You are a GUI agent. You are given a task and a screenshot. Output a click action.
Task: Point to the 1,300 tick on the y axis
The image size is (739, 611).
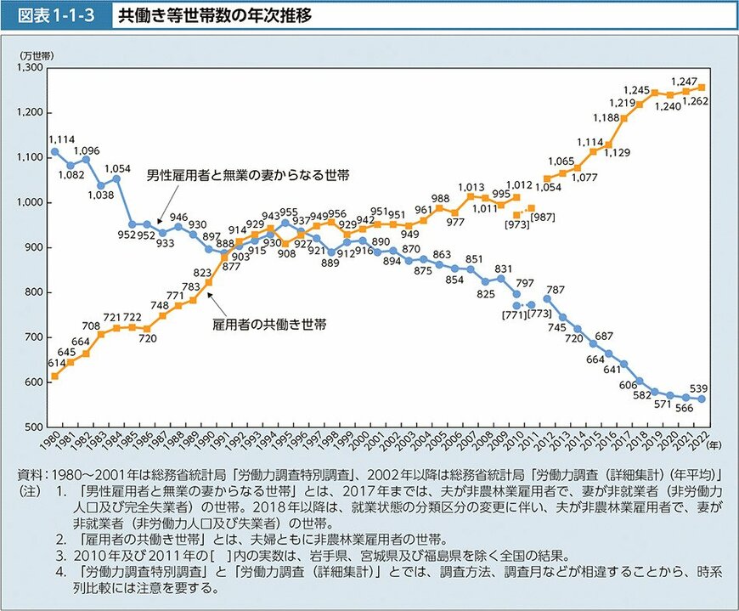32,67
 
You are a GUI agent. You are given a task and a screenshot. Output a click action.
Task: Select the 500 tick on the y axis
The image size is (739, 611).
37,427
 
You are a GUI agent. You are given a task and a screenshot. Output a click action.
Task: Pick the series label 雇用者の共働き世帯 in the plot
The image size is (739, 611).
270,324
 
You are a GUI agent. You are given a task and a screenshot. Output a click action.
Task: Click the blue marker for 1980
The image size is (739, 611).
55,151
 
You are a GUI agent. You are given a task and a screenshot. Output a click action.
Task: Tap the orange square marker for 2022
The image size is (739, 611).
702,87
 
